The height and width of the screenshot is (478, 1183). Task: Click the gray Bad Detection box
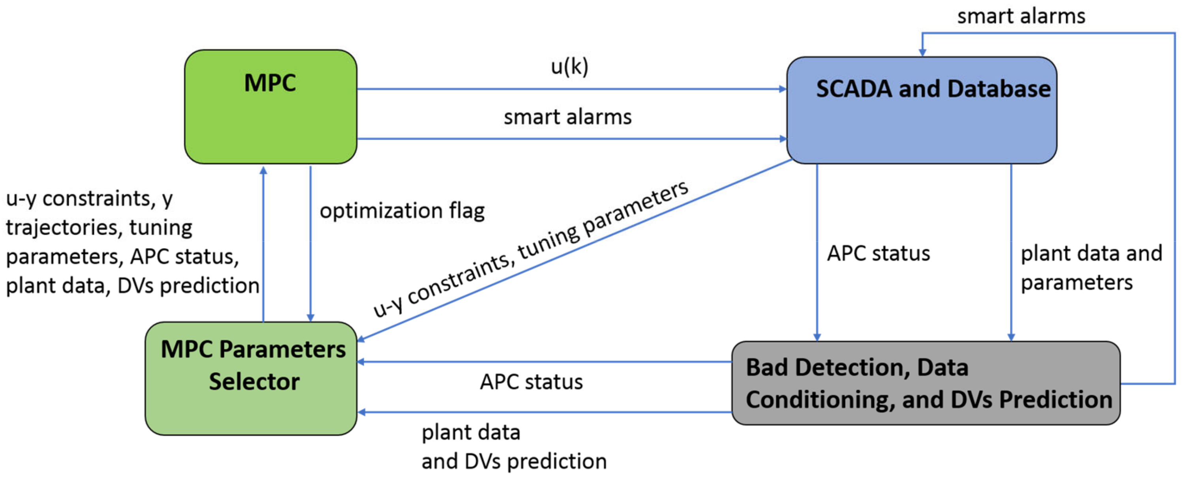pyautogui.click(x=926, y=383)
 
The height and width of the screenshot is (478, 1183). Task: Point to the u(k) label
pyautogui.click(x=569, y=67)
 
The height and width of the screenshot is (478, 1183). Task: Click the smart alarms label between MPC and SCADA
pyautogui.click(x=568, y=117)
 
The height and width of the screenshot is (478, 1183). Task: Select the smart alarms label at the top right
pyautogui.click(x=1020, y=17)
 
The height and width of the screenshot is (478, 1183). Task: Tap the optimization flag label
pyautogui.click(x=402, y=211)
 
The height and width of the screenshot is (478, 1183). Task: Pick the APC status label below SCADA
pyautogui.click(x=878, y=254)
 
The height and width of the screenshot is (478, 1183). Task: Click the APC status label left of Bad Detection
pyautogui.click(x=531, y=382)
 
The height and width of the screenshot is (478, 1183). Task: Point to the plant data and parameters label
pyautogui.click(x=1091, y=268)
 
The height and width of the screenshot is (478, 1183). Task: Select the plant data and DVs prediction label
pyautogui.click(x=513, y=447)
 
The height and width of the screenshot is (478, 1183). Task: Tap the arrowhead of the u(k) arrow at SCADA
pyautogui.click(x=783, y=89)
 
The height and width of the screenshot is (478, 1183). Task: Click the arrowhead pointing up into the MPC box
pyautogui.click(x=263, y=170)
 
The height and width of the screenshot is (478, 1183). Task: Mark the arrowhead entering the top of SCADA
pyautogui.click(x=922, y=53)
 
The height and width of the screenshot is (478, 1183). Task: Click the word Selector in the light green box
pyautogui.click(x=254, y=382)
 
